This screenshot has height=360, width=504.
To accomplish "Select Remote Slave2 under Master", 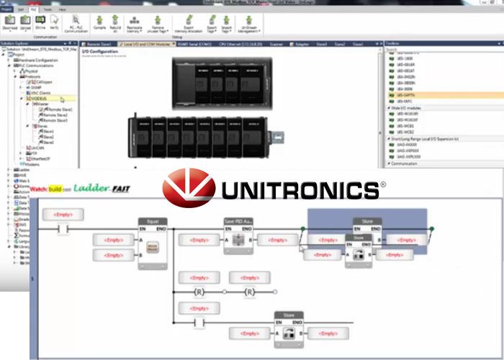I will click(57, 114).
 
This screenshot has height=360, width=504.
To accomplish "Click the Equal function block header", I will click(153, 222).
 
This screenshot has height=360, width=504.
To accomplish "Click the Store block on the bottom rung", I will click(288, 315).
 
